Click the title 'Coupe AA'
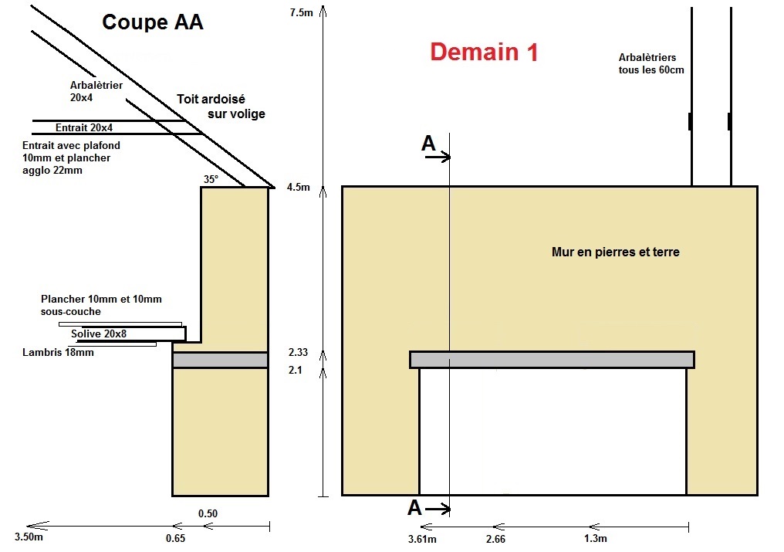153,22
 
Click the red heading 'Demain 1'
484,52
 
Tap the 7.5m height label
301,12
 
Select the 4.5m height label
298,187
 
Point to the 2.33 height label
298,352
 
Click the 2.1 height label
295,371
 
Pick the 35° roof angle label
211,179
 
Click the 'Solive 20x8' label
99,334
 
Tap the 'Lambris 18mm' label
58,352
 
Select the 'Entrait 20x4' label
84,127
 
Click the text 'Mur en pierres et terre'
616,252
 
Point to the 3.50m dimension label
29,537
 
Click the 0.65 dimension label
175,538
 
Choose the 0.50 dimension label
208,513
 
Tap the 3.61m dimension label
422,539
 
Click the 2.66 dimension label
495,539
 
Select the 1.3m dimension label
596,538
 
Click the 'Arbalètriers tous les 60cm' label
651,63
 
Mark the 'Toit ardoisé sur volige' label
221,107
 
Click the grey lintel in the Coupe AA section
220,361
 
